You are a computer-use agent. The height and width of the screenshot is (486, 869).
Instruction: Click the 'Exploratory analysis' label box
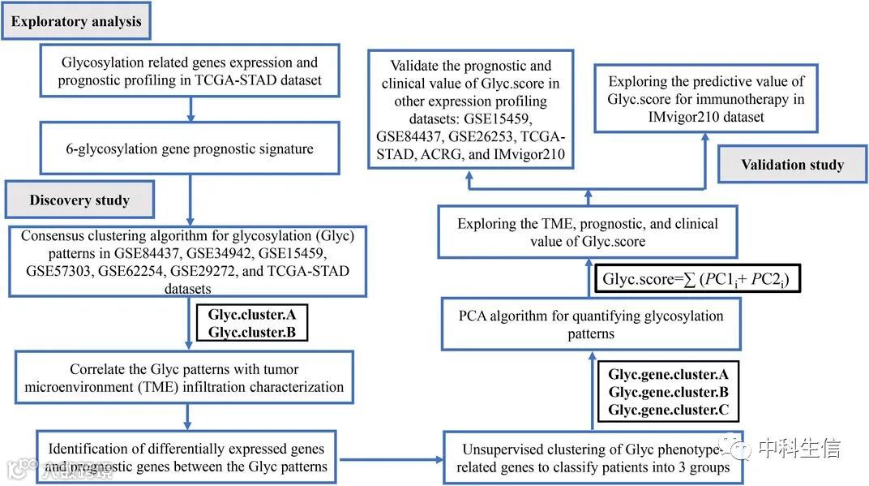76,22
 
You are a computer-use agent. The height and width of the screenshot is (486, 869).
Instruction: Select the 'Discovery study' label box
79,200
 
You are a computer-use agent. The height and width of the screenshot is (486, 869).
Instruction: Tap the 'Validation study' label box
792,165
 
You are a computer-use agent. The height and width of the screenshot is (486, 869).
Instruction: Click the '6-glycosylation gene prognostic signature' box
189,148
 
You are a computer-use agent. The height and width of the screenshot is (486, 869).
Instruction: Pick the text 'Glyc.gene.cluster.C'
668,410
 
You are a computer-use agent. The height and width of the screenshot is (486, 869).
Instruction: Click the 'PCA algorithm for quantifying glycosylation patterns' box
591,325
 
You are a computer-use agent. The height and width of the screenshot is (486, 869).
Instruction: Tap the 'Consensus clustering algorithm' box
187,260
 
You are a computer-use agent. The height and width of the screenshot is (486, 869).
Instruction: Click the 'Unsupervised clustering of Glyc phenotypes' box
592,458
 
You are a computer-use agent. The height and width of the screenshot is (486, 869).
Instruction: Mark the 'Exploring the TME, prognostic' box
587,232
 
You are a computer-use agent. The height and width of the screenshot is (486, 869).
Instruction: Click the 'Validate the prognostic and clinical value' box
470,110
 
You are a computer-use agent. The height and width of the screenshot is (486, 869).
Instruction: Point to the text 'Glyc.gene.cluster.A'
668,375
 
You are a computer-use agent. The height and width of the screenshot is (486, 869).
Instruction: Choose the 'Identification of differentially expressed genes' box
186,457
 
